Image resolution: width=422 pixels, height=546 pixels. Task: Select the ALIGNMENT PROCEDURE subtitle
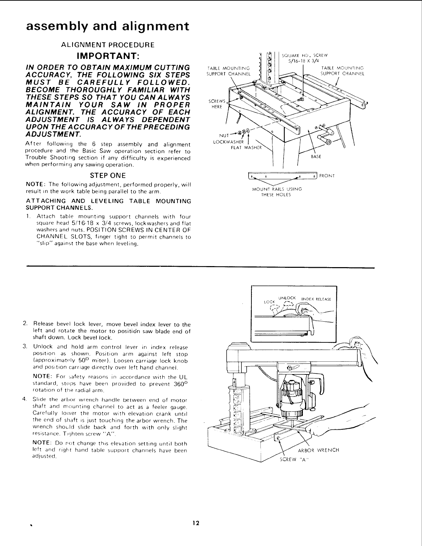click(107, 45)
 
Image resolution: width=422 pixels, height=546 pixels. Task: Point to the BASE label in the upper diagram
click(316, 157)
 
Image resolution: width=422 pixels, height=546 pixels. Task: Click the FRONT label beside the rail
click(326, 176)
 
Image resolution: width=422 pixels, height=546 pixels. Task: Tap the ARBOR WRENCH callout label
click(318, 450)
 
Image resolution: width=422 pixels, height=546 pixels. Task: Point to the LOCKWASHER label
click(228, 142)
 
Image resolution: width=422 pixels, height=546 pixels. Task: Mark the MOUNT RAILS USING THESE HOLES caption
click(277, 192)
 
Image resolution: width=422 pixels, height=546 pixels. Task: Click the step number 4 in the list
click(25, 400)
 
